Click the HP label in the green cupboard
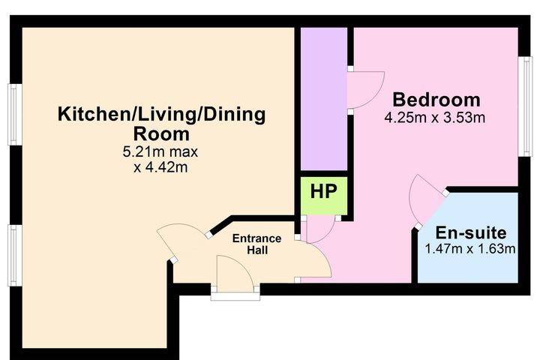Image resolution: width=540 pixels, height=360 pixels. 323,192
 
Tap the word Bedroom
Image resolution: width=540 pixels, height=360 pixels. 436,100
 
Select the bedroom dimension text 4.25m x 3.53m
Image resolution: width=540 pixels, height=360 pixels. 435,118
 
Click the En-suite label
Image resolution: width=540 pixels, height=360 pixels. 471,232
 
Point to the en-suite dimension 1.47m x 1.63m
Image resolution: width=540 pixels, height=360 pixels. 471,249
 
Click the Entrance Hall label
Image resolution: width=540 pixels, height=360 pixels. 256,244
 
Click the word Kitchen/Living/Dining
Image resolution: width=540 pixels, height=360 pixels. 162,115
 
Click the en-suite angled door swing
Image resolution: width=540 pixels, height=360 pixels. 424,200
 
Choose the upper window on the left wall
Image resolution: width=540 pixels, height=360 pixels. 13,114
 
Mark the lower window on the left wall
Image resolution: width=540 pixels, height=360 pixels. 13,256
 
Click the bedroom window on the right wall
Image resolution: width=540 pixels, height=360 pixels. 526,106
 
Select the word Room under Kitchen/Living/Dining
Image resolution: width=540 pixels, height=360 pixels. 161,134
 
